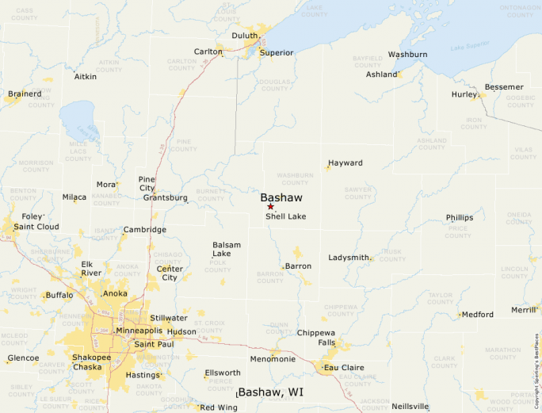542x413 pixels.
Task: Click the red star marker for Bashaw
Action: tap(270, 206)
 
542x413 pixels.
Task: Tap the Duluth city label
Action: tap(245, 36)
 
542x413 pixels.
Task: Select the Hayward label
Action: tap(345, 163)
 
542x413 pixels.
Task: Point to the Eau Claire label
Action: tap(345, 368)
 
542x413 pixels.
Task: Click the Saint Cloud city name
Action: tap(36, 227)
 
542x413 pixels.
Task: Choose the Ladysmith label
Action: tap(349, 258)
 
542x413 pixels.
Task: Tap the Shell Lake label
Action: tap(285, 216)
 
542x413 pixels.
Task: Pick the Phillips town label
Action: tap(459, 217)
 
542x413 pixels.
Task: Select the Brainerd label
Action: tap(25, 94)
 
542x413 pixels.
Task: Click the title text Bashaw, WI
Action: tap(271, 392)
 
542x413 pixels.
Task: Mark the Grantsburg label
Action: tap(165, 197)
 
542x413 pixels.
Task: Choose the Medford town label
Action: tap(477, 315)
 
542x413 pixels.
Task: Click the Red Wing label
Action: tap(218, 407)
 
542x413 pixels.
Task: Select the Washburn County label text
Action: tap(294, 178)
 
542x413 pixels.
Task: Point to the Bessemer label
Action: tap(504, 86)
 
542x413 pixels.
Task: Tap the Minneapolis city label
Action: tap(139, 331)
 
